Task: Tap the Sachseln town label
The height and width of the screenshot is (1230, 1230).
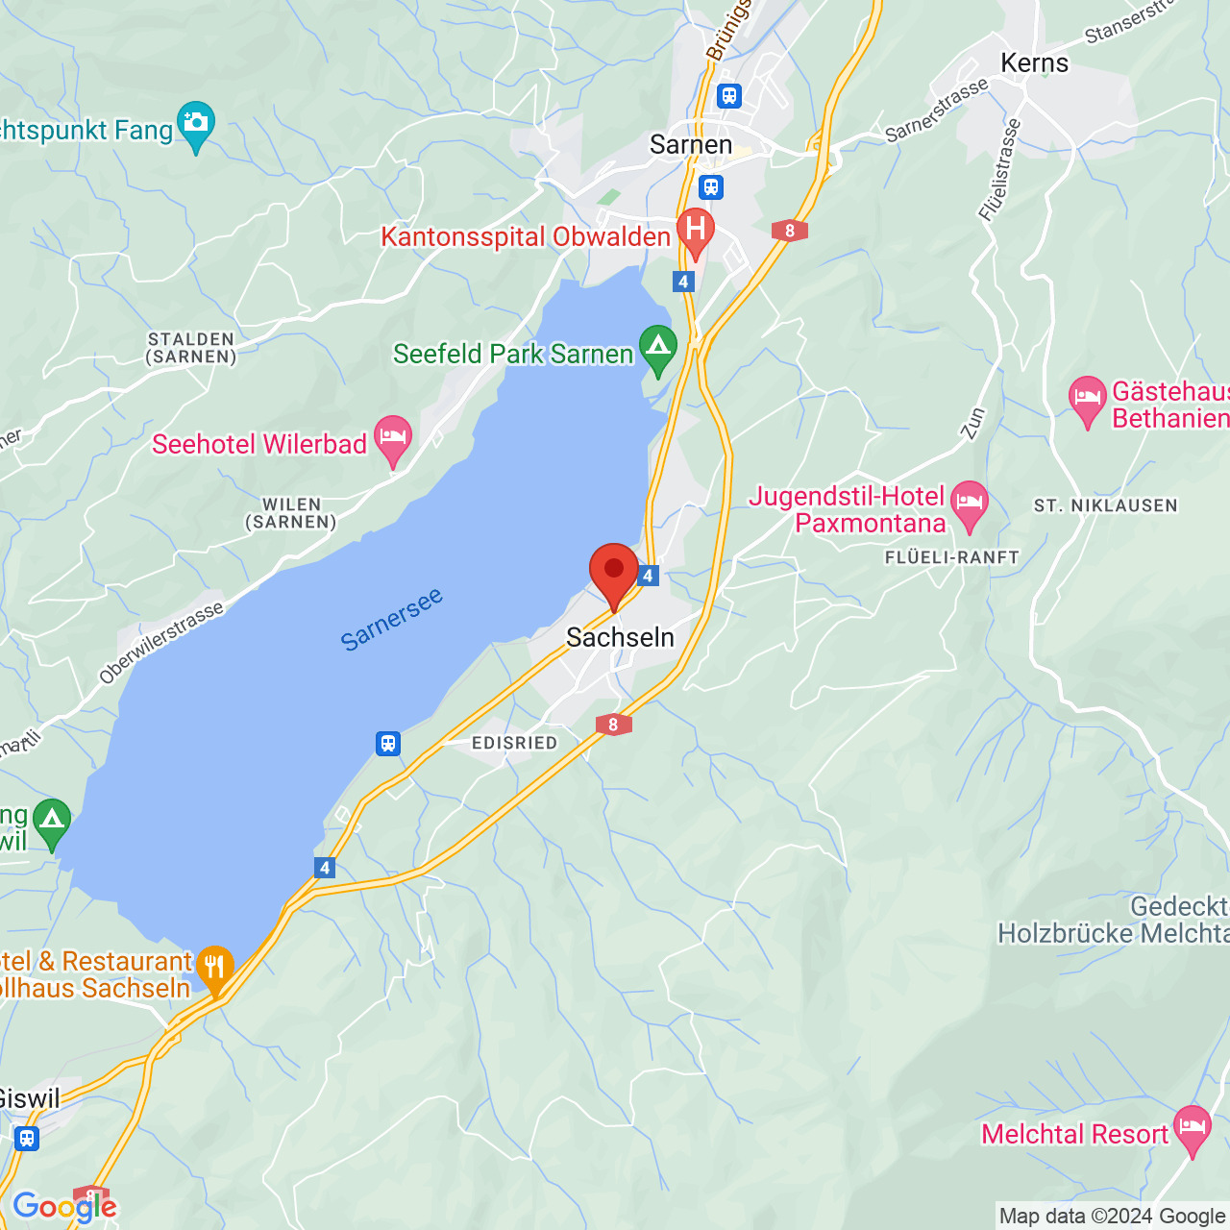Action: tap(620, 637)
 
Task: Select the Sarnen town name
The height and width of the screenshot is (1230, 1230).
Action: tap(691, 145)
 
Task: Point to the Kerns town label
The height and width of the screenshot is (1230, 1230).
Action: tap(1034, 63)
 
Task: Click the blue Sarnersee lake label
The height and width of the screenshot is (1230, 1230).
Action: tap(392, 619)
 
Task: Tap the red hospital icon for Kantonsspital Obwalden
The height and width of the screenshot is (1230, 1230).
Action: tap(696, 231)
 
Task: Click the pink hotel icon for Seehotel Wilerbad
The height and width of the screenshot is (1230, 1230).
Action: tap(393, 438)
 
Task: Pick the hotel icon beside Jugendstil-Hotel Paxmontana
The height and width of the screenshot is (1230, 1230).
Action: tap(970, 504)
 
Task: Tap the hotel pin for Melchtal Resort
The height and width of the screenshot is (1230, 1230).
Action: tap(1192, 1128)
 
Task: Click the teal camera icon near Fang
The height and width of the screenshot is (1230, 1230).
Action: tap(196, 124)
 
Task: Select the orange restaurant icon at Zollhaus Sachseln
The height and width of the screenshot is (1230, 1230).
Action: tap(214, 968)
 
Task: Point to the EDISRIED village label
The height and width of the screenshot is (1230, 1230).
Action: tap(514, 743)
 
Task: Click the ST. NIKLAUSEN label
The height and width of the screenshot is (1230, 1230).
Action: tap(1105, 505)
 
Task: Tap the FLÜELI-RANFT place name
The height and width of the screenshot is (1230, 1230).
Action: tap(951, 557)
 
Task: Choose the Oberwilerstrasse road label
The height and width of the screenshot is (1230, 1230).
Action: tap(161, 642)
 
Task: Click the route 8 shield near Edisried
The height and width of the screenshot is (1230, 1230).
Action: tap(613, 725)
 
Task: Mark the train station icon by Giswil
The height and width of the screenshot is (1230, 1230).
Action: tap(27, 1139)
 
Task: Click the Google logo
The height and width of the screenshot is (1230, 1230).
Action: tap(64, 1207)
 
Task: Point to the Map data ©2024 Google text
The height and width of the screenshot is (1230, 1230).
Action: tap(1113, 1217)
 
